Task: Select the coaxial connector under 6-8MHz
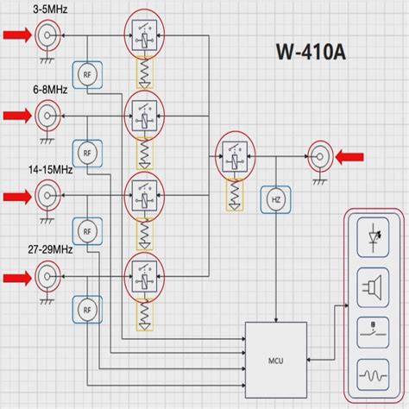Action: pyautogui.click(x=46, y=114)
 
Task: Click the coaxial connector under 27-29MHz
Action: pyautogui.click(x=46, y=277)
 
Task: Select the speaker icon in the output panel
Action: pyautogui.click(x=373, y=285)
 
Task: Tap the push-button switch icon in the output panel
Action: pyautogui.click(x=373, y=331)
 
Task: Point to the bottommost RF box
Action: pyautogui.click(x=87, y=310)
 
